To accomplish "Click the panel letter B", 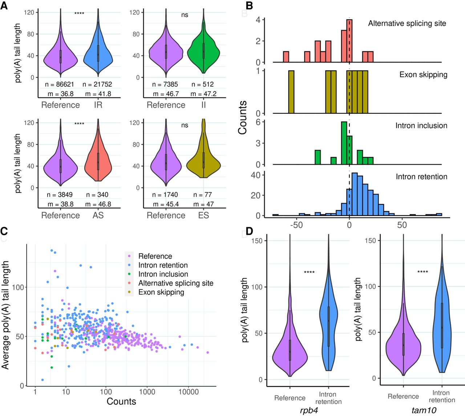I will pyautogui.click(x=250, y=6).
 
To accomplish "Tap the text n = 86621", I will pyautogui.click(x=60, y=84).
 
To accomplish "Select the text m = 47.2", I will pyautogui.click(x=203, y=94).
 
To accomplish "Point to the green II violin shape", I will pyautogui.click(x=203, y=51).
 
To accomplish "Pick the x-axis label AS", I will pyautogui.click(x=98, y=215).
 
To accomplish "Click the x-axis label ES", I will pyautogui.click(x=203, y=215).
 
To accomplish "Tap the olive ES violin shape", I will pyautogui.click(x=203, y=164).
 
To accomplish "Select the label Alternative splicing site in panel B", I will pyautogui.click(x=407, y=24).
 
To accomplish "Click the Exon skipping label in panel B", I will pyautogui.click(x=423, y=75).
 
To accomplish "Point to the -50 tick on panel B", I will pyautogui.click(x=296, y=225).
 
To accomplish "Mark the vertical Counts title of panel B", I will pyautogui.click(x=243, y=117).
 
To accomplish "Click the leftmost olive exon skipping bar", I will pyautogui.click(x=291, y=92).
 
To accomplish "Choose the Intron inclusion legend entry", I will pyautogui.click(x=163, y=274).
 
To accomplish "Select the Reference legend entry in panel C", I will pyautogui.click(x=155, y=256).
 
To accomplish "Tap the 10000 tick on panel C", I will pyautogui.click(x=189, y=392).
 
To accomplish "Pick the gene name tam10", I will pyautogui.click(x=424, y=410).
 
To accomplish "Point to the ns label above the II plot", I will pyautogui.click(x=185, y=15).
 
